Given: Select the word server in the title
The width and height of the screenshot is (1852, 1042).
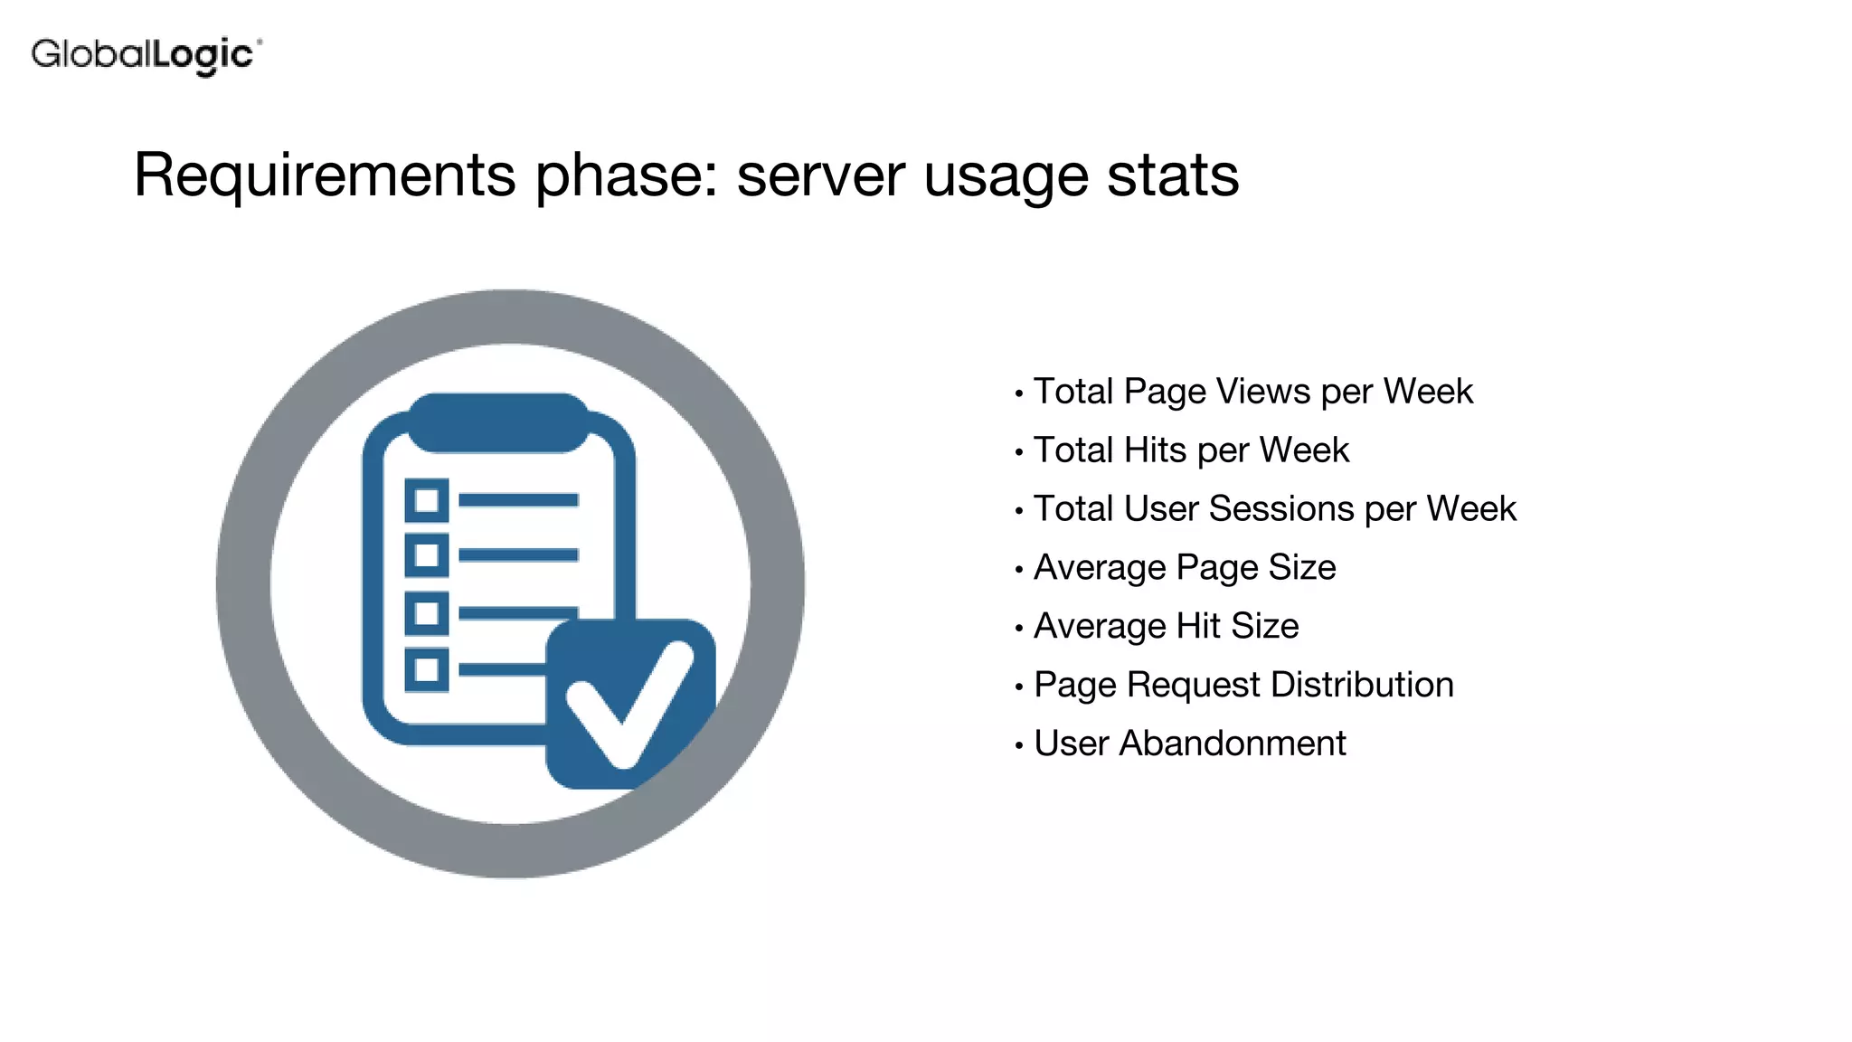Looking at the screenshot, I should tap(820, 175).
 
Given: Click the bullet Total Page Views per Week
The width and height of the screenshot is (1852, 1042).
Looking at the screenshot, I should tap(1252, 392).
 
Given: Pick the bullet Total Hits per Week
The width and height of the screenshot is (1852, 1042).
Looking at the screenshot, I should tap(1191, 450).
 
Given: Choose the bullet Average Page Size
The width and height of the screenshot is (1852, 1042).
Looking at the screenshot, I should tap(1185, 567).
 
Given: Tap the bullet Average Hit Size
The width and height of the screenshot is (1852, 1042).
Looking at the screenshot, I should tap(1166, 626).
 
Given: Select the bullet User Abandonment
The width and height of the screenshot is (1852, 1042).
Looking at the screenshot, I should tap(1189, 744).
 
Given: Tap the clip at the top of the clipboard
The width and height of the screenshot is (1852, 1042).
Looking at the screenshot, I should tap(498, 422).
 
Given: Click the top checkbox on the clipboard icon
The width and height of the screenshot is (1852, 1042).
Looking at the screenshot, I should tap(427, 500).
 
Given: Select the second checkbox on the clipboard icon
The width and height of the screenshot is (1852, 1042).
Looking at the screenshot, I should tap(427, 555).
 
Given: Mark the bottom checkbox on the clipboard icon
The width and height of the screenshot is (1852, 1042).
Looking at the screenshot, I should tap(427, 670).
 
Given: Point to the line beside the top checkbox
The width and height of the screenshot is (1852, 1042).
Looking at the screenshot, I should tap(518, 500).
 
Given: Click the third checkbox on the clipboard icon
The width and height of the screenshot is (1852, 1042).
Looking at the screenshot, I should tap(427, 613).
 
